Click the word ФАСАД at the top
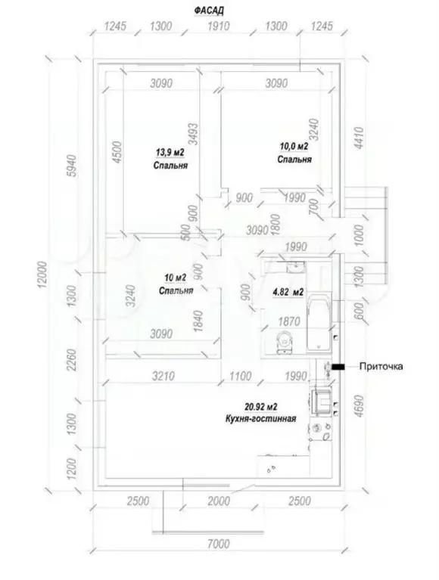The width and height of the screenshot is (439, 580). (x=209, y=11)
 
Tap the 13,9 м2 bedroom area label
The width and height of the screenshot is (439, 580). (x=170, y=152)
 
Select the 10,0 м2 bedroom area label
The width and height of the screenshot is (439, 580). (x=294, y=147)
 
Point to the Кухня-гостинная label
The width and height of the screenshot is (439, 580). (x=260, y=419)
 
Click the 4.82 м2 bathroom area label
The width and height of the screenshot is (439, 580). (x=288, y=292)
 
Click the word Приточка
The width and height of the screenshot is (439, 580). (x=381, y=366)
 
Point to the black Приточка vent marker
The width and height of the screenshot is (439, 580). (x=338, y=367)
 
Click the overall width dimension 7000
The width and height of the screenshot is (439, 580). (x=219, y=544)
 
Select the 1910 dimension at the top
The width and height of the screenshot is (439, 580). (x=219, y=26)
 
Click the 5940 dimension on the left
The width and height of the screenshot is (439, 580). (x=73, y=166)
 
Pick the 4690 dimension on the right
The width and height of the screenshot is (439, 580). (x=359, y=406)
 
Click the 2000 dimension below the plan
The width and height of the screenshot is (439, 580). (x=219, y=501)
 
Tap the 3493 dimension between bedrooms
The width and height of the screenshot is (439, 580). (x=193, y=134)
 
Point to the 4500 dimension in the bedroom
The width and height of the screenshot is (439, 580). (x=117, y=152)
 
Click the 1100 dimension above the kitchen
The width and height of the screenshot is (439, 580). (x=240, y=376)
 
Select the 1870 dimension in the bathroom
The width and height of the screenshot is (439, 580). (x=289, y=321)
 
